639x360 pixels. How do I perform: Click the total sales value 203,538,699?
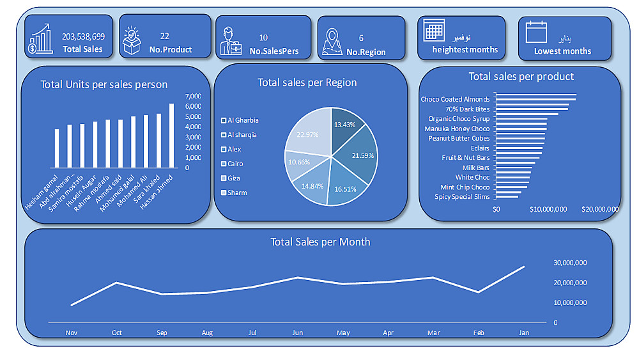(83, 36)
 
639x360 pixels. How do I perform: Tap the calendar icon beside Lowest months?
(536, 33)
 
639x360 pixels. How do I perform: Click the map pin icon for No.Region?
(332, 42)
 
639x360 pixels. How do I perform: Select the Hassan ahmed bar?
(171, 135)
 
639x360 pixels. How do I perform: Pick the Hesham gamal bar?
(57, 148)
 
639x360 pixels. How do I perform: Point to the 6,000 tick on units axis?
(194, 107)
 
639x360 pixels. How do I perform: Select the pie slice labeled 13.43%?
(346, 125)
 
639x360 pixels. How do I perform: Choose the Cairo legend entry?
(235, 164)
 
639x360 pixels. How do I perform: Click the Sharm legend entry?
(236, 192)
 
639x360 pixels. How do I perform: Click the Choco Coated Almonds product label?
(455, 99)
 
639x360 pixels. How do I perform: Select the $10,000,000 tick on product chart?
(548, 209)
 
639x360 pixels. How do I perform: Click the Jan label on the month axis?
(524, 333)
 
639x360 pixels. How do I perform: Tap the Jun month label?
(297, 333)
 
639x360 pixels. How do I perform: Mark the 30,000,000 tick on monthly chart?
(571, 263)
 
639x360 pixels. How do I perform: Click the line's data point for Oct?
(116, 283)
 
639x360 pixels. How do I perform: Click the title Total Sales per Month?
(320, 242)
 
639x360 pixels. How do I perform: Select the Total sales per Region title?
(307, 82)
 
